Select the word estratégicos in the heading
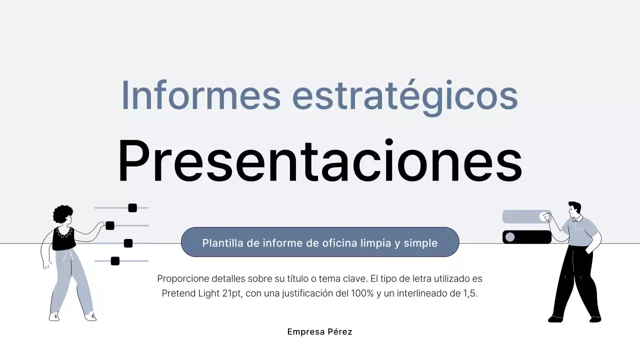[x=405, y=96]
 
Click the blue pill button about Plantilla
[x=320, y=242]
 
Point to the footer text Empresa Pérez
[x=319, y=331]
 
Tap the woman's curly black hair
[x=62, y=214]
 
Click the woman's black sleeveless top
[x=63, y=239]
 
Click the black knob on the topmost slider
[x=132, y=208]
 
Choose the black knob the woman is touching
[x=110, y=225]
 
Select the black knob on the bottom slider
[x=115, y=261]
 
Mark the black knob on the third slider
[x=128, y=243]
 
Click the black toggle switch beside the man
[x=526, y=237]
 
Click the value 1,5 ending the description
[x=470, y=293]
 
